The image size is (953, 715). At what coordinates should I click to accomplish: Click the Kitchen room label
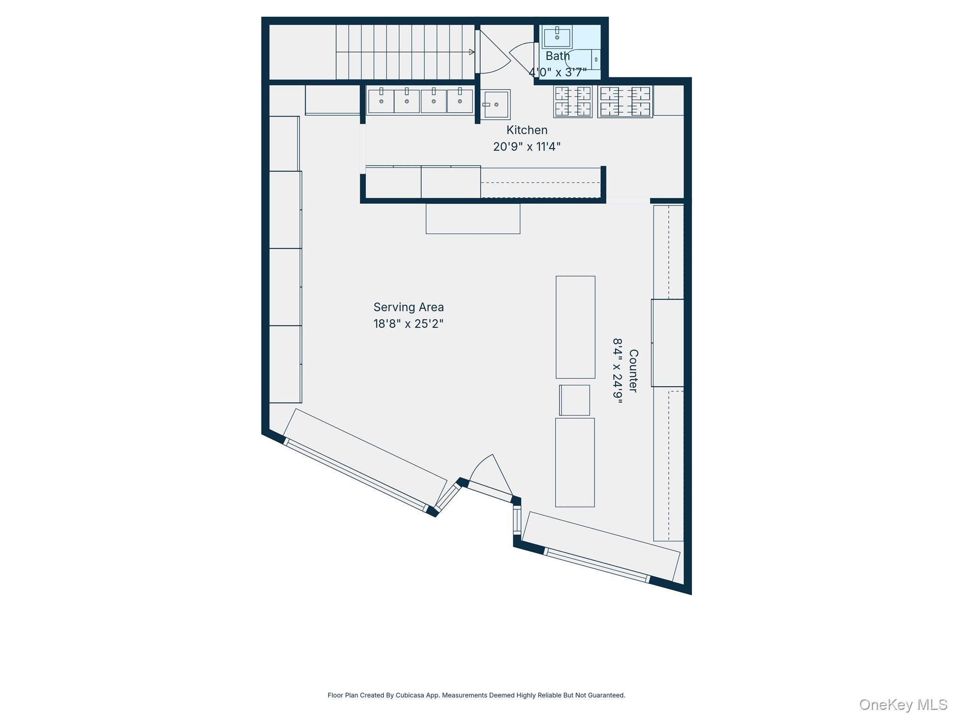(527, 130)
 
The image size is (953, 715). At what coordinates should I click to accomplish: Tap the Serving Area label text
(409, 307)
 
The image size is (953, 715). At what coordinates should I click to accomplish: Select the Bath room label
(557, 56)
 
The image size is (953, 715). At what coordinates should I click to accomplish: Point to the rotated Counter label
(633, 371)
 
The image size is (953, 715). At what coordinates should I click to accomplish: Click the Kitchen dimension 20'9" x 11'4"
(527, 147)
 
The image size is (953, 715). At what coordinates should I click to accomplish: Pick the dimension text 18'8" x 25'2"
(409, 324)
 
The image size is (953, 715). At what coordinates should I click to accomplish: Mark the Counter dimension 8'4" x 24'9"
(617, 371)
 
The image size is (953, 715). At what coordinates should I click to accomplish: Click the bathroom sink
(557, 37)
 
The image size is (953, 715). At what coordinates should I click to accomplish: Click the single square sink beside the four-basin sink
(495, 104)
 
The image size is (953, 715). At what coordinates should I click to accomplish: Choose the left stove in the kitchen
(573, 101)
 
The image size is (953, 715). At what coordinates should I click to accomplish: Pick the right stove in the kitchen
(625, 101)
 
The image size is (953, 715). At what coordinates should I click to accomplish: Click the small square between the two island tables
(575, 400)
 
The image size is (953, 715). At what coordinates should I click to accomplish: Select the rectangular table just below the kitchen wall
(473, 218)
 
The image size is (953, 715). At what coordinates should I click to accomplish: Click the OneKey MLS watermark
(903, 704)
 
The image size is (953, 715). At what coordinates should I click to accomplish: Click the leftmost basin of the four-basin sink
(381, 101)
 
